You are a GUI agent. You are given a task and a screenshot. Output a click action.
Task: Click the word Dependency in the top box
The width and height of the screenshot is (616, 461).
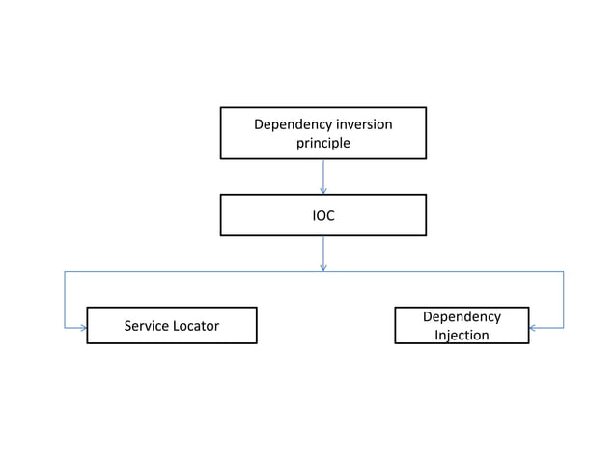coord(292,124)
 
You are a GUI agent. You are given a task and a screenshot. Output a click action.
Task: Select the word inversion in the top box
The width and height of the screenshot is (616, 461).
coord(363,124)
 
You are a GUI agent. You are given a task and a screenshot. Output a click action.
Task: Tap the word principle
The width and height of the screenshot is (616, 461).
coord(322,143)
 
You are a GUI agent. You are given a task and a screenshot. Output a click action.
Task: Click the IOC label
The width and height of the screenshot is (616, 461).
coord(322,216)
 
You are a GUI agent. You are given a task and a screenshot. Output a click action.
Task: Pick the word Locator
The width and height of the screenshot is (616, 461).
coord(196,326)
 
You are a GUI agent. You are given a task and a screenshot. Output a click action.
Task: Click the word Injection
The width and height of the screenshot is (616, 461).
coord(462,336)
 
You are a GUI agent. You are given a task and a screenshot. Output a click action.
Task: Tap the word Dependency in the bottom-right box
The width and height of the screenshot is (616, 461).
coord(462,316)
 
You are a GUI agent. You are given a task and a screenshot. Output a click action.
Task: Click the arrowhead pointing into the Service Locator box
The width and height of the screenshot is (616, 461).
coord(83,328)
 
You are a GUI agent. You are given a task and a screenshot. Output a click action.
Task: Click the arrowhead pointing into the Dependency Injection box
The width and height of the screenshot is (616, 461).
coord(533,328)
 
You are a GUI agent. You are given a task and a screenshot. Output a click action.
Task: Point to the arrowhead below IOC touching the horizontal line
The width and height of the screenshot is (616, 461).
coord(322,267)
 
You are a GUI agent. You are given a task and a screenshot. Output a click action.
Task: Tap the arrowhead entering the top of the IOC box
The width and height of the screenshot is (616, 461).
coord(322,190)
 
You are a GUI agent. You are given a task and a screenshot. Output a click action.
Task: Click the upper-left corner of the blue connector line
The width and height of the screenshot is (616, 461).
coord(65,272)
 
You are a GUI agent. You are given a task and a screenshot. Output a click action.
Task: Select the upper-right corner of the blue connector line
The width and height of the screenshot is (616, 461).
coord(563,272)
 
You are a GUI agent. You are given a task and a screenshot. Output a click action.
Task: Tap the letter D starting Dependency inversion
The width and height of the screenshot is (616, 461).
coord(258,124)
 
